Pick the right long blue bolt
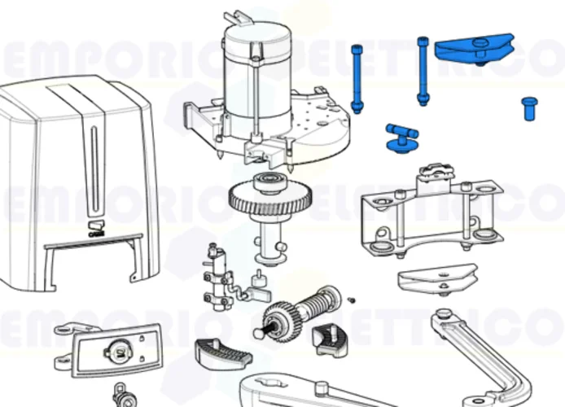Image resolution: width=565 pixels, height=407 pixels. point(423,72)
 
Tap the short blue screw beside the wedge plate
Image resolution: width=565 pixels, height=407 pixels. point(529,108)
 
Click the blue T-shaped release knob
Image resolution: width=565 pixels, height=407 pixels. point(401,137)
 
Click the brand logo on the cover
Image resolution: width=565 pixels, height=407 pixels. point(95,225)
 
